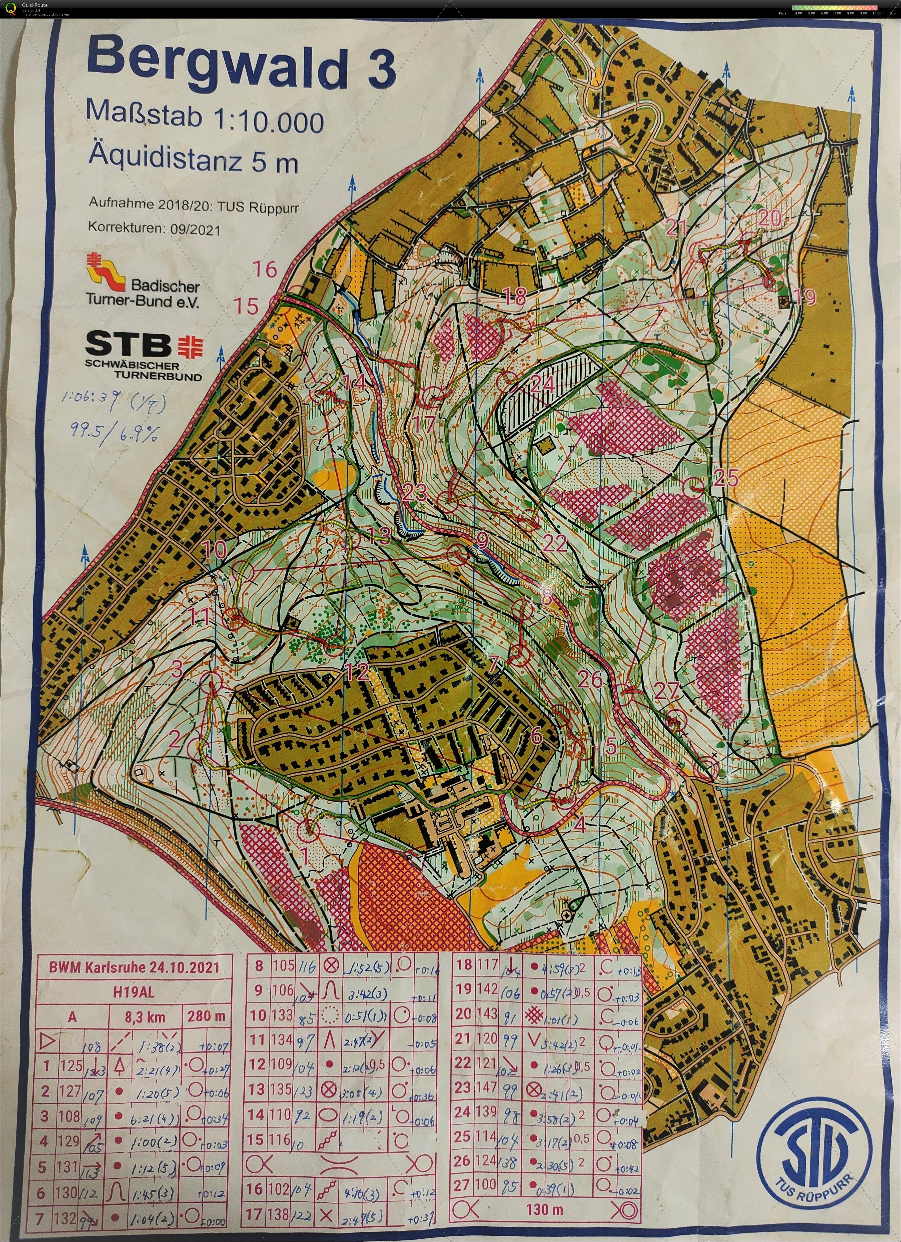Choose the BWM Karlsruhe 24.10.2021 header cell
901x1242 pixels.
(x=134, y=967)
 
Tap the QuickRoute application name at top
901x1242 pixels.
(x=35, y=5)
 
